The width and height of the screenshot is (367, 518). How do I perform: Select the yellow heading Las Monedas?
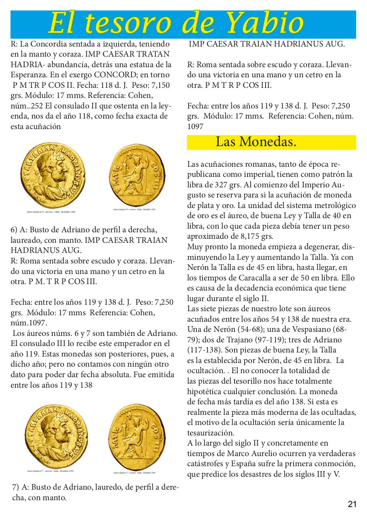(256, 142)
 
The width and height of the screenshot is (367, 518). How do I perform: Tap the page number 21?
(352, 504)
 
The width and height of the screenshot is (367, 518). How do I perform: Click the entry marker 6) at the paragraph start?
(14, 229)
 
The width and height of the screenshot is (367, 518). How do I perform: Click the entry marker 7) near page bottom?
(16, 487)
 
